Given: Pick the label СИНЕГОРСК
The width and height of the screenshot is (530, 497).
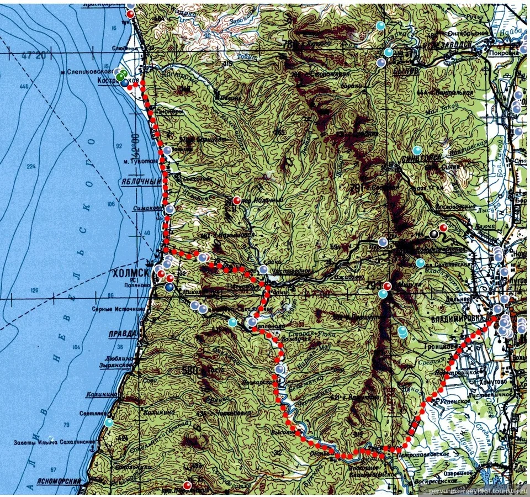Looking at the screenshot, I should (422, 157).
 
